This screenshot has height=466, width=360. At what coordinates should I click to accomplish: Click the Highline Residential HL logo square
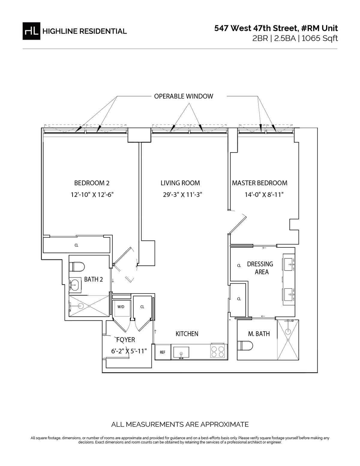(x=31, y=31)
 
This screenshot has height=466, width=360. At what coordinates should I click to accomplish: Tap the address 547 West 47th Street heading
(x=276, y=29)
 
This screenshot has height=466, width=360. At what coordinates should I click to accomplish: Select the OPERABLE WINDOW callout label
(x=183, y=96)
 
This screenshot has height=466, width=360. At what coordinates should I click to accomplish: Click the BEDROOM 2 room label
(x=90, y=183)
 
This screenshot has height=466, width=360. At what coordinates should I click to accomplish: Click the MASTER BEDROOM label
(x=259, y=183)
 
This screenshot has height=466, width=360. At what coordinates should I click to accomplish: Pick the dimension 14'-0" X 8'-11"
(x=264, y=195)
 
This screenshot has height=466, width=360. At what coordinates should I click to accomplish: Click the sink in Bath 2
(x=75, y=284)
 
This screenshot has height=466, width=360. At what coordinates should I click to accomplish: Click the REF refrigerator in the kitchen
(x=162, y=352)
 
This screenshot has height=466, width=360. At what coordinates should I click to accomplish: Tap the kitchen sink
(x=181, y=352)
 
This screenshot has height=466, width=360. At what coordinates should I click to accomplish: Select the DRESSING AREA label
(x=260, y=268)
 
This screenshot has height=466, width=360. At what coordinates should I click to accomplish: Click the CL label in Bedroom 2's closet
(x=76, y=245)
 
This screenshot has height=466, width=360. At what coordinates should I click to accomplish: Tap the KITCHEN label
(x=187, y=334)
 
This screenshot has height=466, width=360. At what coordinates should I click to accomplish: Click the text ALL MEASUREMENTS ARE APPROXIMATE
(x=180, y=425)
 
